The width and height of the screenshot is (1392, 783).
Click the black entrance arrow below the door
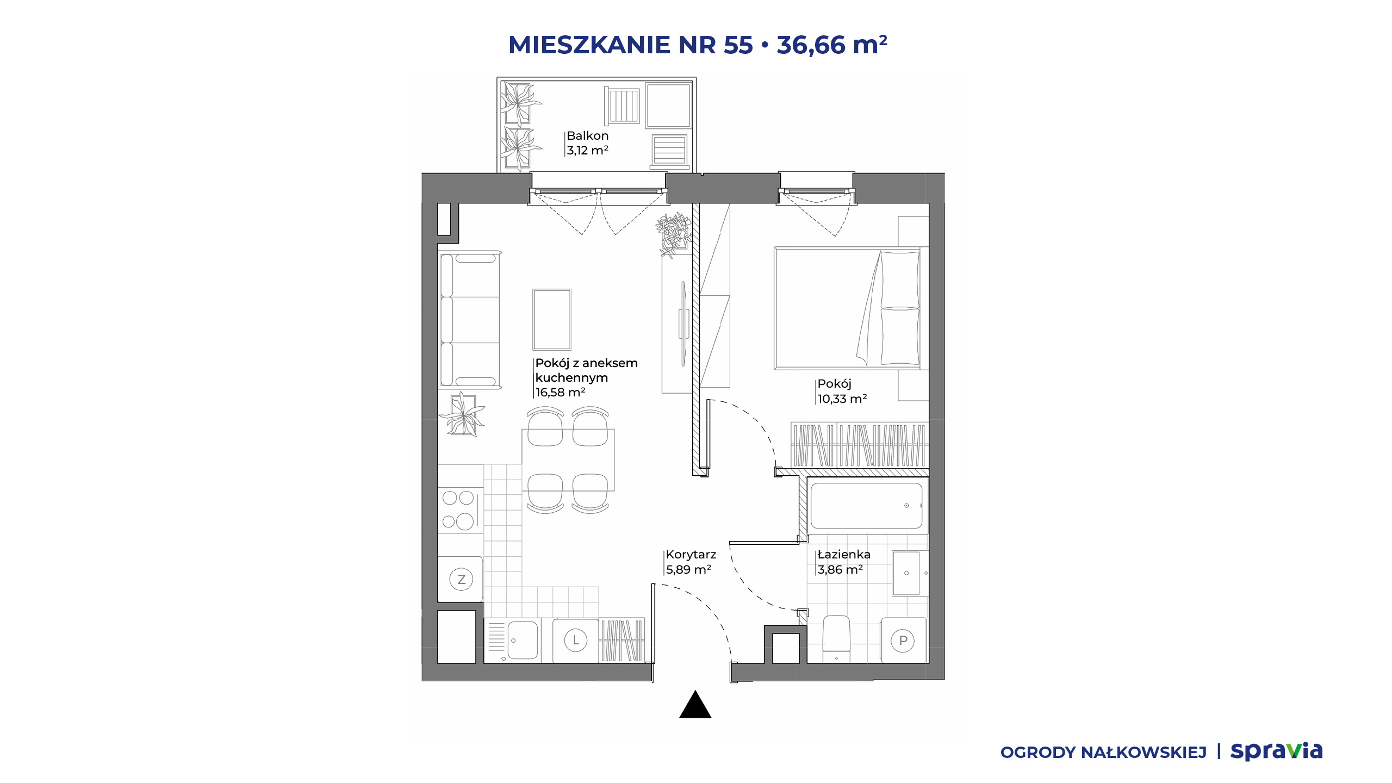coord(695,705)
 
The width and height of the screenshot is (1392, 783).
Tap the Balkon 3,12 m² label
coord(587,143)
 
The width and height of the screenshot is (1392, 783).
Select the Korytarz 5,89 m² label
coord(691,562)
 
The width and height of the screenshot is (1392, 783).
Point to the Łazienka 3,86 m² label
coord(844,562)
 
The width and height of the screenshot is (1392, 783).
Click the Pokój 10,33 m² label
coord(842,391)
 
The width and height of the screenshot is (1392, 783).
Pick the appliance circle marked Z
coord(461,579)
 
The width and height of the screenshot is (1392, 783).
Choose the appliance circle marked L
coord(576,640)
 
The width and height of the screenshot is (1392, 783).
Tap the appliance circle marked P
coord(903,641)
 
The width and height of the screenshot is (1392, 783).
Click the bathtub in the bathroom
coord(866,506)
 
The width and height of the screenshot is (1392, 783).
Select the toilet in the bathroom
coord(836,638)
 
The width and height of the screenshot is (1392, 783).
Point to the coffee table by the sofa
coord(552,319)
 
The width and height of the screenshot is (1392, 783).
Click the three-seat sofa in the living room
coord(470,320)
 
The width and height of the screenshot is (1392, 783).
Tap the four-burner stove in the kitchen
coord(459,509)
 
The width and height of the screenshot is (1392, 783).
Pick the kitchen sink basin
coord(523,641)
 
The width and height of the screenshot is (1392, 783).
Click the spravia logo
coord(1276,751)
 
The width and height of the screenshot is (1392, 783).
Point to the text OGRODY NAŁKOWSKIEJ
coord(1103,753)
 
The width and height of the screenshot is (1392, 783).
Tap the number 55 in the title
coord(738,45)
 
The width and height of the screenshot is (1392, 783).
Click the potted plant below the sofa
coord(462,414)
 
